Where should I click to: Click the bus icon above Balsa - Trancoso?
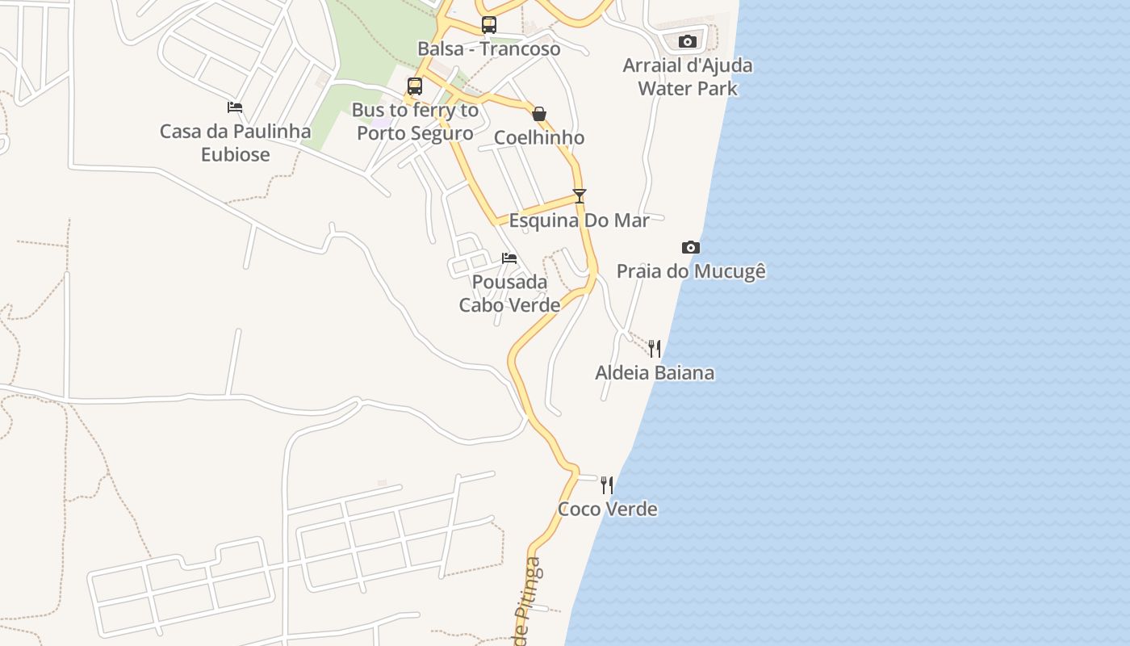(489, 25)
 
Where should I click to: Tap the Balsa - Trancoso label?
(489, 48)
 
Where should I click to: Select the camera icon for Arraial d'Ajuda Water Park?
(688, 41)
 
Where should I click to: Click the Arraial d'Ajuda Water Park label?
(688, 77)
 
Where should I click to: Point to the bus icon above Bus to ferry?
(415, 86)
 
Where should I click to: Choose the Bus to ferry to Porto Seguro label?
(415, 121)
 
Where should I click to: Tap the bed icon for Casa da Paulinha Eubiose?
(235, 107)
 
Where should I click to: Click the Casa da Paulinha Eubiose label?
(236, 142)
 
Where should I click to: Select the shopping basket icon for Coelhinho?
(539, 114)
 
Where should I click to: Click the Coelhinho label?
(539, 137)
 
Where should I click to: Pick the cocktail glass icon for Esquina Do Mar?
(579, 195)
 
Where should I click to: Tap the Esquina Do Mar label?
(579, 220)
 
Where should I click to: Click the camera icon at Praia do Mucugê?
(691, 247)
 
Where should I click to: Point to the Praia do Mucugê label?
(691, 271)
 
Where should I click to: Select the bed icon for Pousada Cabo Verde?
(509, 258)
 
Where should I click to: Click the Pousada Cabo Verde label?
(509, 293)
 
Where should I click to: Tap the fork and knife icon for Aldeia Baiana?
(655, 349)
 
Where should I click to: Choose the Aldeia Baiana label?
(655, 373)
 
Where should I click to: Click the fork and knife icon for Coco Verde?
(607, 484)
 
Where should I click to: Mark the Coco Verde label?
(607, 510)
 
